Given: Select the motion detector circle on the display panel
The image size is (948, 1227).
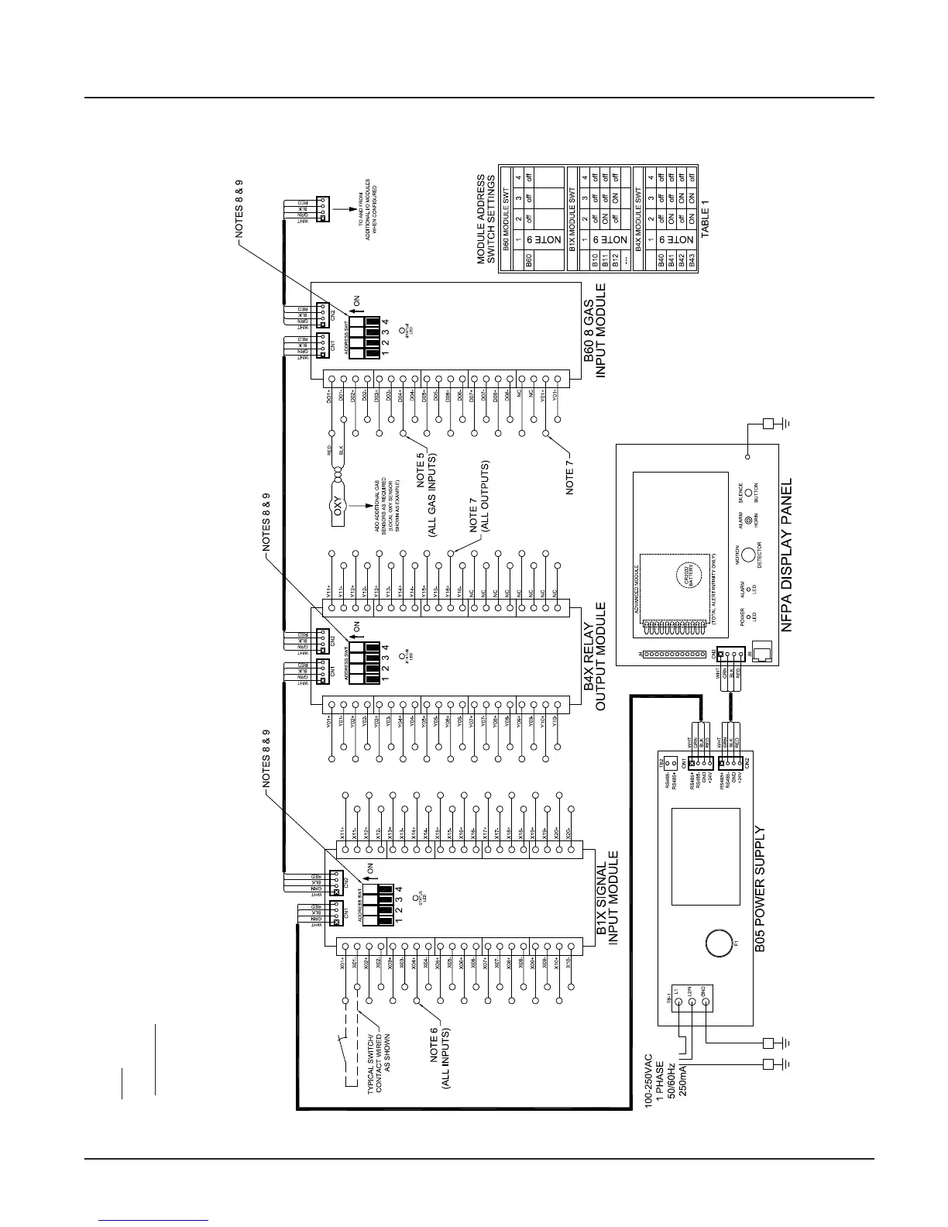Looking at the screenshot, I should pyautogui.click(x=747, y=555).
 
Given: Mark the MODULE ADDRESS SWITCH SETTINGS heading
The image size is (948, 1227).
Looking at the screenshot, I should pyautogui.click(x=486, y=218).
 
